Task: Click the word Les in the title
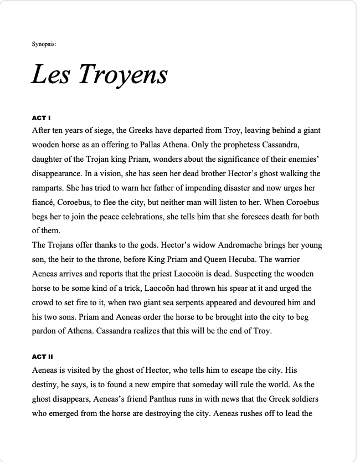(50, 74)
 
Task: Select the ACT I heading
(42, 118)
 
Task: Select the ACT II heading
(43, 356)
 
